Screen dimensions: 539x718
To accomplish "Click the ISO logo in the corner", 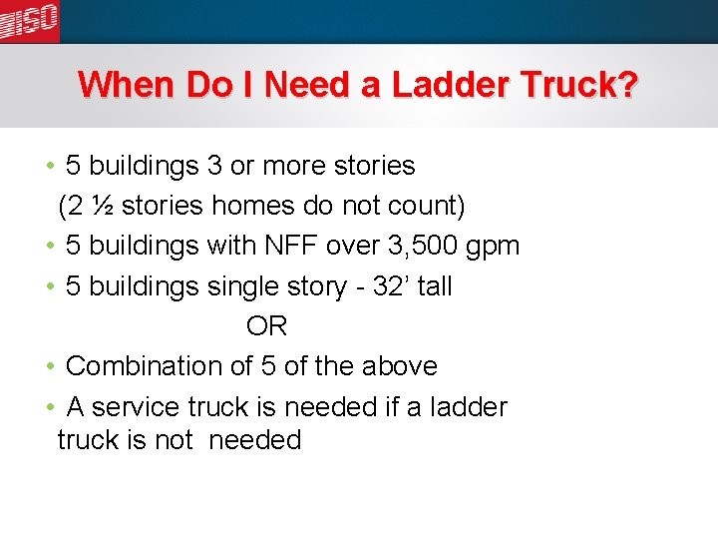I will tap(30, 21).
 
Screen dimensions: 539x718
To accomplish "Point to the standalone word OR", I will tap(266, 326).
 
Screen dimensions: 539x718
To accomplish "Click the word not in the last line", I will tap(174, 440).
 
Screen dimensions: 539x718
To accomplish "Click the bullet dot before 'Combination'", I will tap(50, 366).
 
